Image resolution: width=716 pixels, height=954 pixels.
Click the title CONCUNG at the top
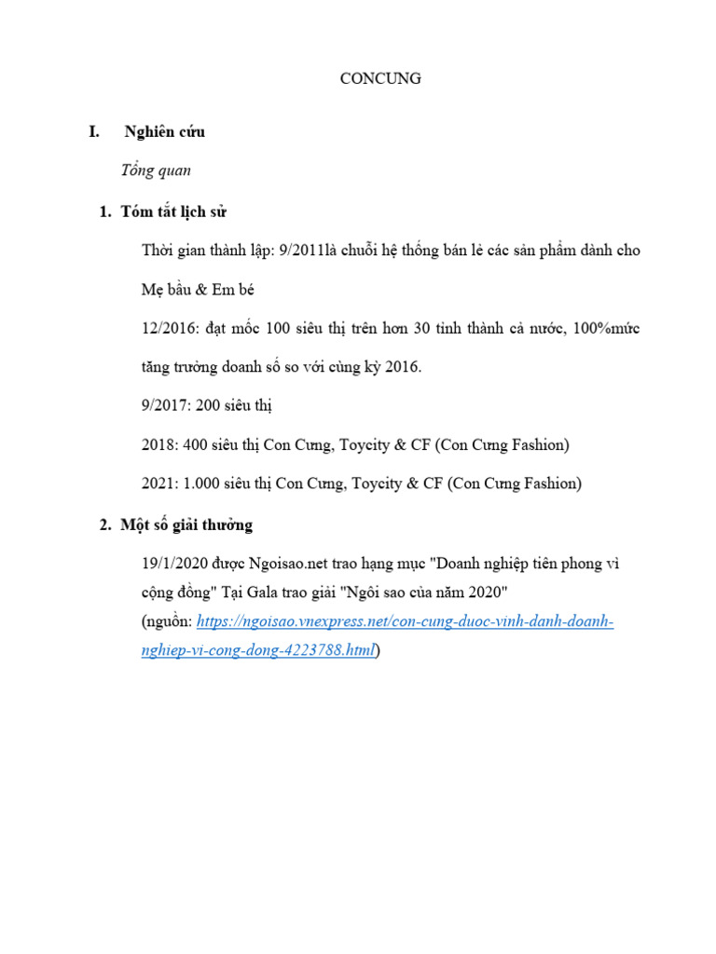379,79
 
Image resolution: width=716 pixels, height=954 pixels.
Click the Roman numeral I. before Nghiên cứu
94,132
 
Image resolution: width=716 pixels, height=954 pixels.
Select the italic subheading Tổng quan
156,170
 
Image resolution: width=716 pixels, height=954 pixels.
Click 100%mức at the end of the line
608,329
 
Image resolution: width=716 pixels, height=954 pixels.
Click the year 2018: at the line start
159,445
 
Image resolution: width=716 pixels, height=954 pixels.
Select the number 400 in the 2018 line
195,445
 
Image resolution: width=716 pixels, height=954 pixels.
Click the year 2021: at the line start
159,484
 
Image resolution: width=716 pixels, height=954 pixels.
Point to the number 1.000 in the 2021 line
201,484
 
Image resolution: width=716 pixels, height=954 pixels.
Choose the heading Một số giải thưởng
186,525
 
